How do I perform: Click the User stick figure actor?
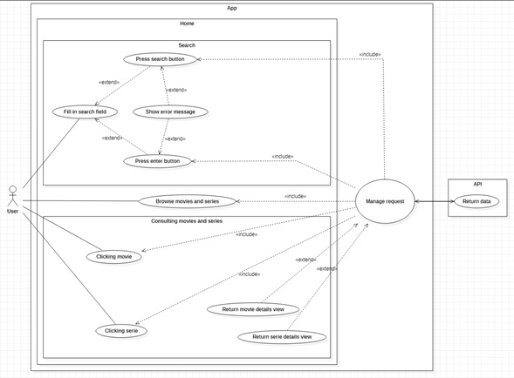[13, 196]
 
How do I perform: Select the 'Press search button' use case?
[161, 59]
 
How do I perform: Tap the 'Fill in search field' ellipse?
[85, 112]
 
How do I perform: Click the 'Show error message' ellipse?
[170, 112]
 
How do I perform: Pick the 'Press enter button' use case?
[158, 161]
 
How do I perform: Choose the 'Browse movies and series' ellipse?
[187, 201]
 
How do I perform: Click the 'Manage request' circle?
[385, 201]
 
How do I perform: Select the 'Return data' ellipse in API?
[476, 201]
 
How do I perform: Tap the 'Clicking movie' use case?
[114, 257]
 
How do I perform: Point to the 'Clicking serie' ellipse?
[121, 331]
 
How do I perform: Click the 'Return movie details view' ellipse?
[253, 309]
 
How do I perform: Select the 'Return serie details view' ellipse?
[282, 337]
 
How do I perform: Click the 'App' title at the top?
[232, 8]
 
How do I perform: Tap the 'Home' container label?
[187, 24]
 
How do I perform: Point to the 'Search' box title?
[187, 45]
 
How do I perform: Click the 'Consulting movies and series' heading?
[187, 221]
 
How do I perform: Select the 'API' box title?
[477, 185]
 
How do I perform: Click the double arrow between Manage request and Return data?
[435, 201]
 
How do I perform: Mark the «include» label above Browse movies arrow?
[295, 196]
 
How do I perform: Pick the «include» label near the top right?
[370, 54]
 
